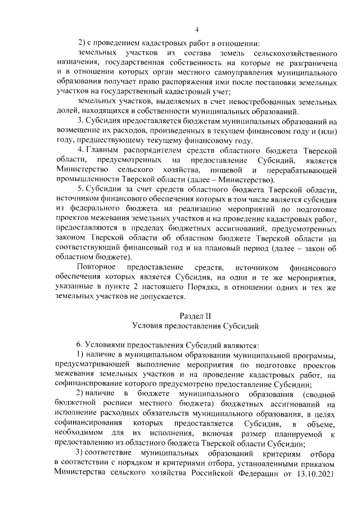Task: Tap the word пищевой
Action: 225,170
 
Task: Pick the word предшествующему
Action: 110,141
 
